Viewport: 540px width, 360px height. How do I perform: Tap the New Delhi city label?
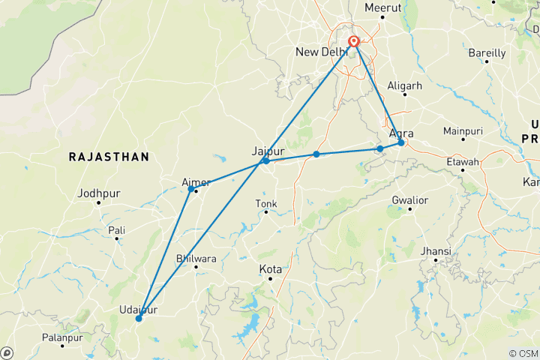[320, 52]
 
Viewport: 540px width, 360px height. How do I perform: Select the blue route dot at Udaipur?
[139, 319]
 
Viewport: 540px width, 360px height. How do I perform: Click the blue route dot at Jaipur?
[265, 160]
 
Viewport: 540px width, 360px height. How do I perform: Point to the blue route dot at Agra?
[401, 142]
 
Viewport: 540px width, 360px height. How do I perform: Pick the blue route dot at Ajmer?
[191, 189]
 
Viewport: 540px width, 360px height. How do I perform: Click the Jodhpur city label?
[97, 193]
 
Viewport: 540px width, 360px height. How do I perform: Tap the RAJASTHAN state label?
[109, 156]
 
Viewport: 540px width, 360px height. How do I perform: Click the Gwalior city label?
[409, 200]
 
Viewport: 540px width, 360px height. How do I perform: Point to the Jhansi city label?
[436, 250]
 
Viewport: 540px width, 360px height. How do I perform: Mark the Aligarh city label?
[405, 86]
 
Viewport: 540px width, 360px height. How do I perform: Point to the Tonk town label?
[265, 203]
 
